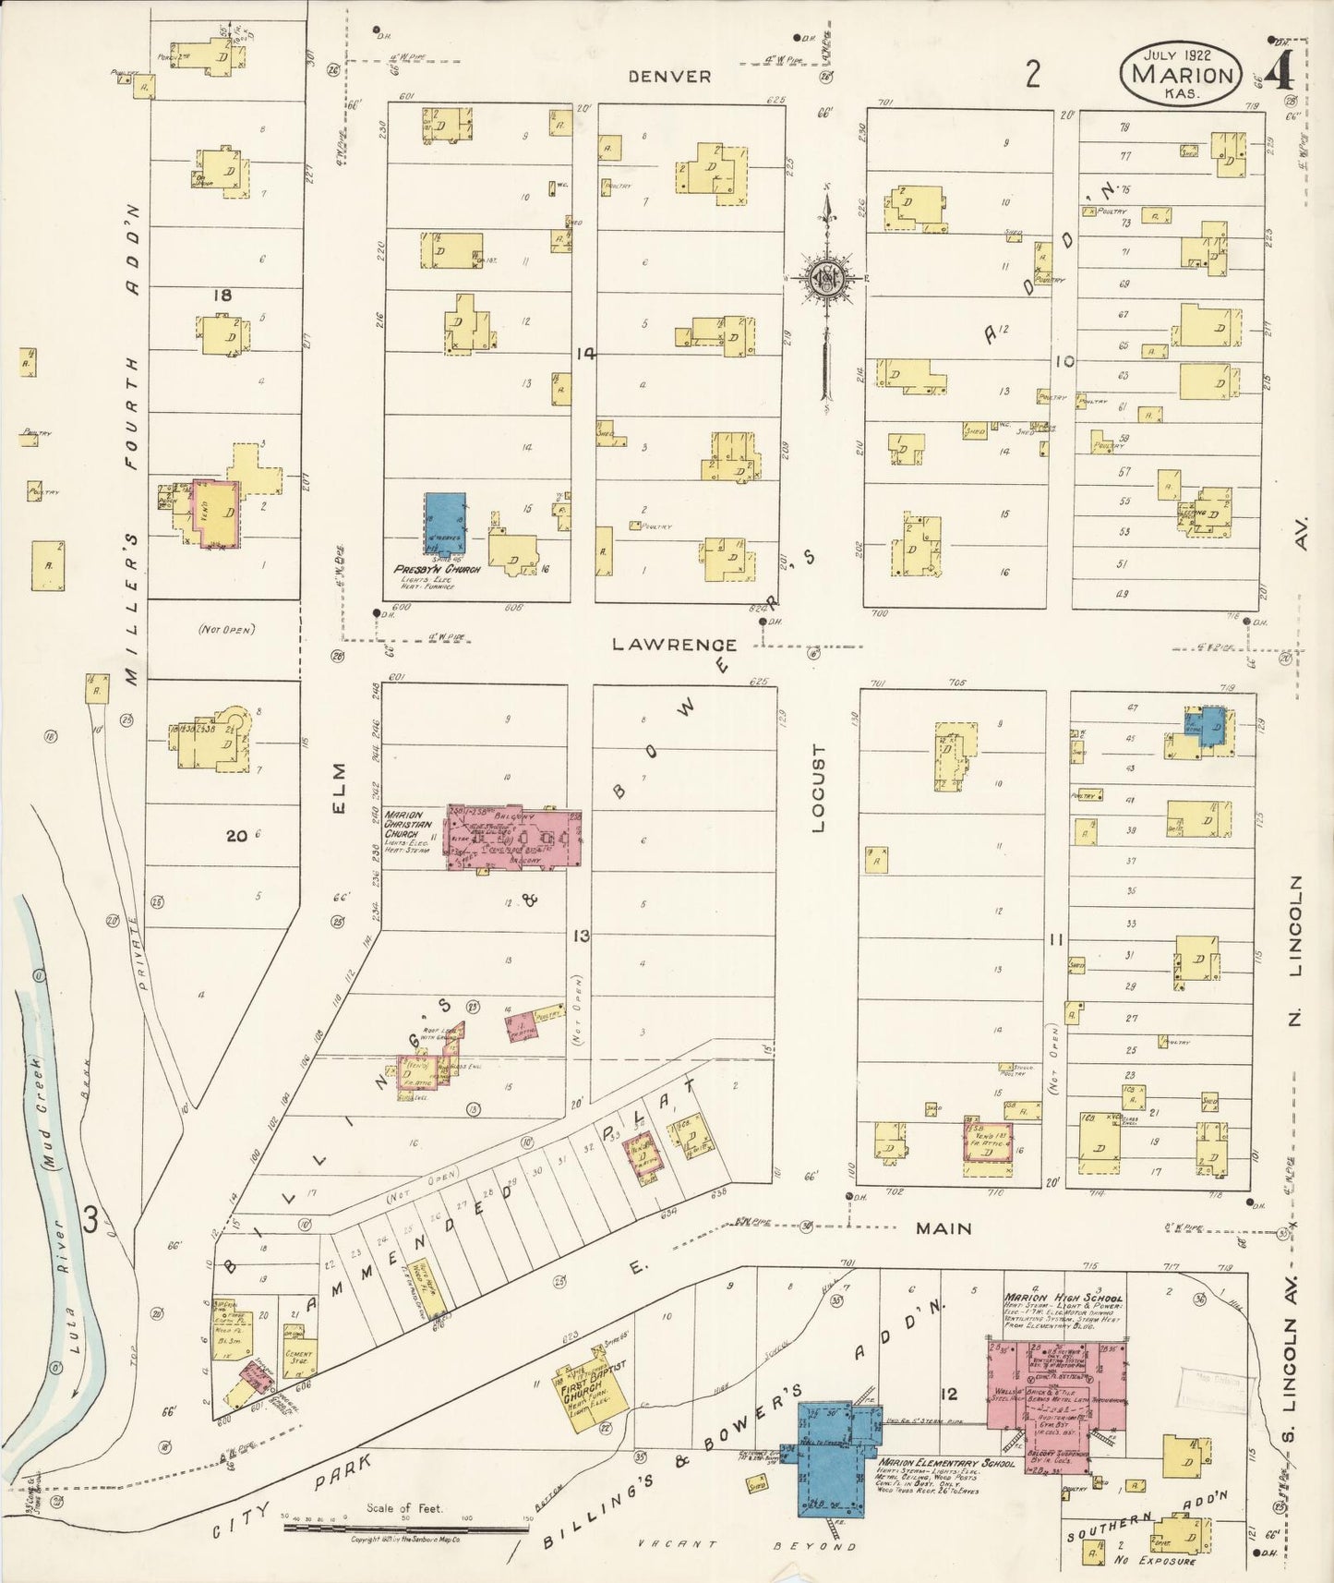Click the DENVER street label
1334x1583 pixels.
669,77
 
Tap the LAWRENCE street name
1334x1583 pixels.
675,645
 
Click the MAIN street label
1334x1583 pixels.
943,1228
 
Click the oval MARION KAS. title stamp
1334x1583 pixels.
1182,72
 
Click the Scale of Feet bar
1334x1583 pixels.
406,1528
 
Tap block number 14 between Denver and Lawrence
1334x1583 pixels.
583,353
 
